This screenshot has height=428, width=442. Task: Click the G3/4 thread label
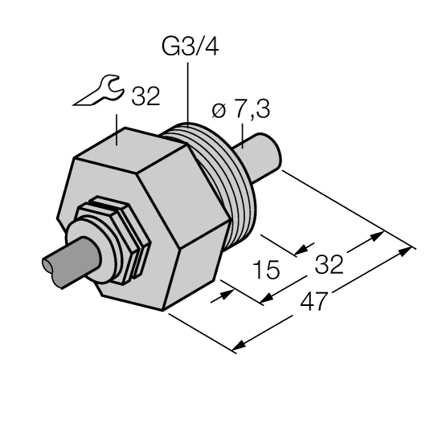point(190,47)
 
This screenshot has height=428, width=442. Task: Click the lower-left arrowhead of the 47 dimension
point(236,348)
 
